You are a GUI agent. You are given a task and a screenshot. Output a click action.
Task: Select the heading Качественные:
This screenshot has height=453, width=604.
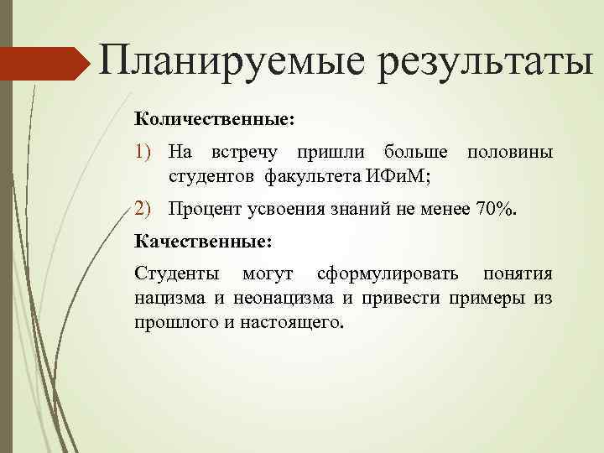tap(203, 242)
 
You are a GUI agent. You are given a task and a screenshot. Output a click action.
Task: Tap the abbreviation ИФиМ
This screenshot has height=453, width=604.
tap(397, 176)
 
